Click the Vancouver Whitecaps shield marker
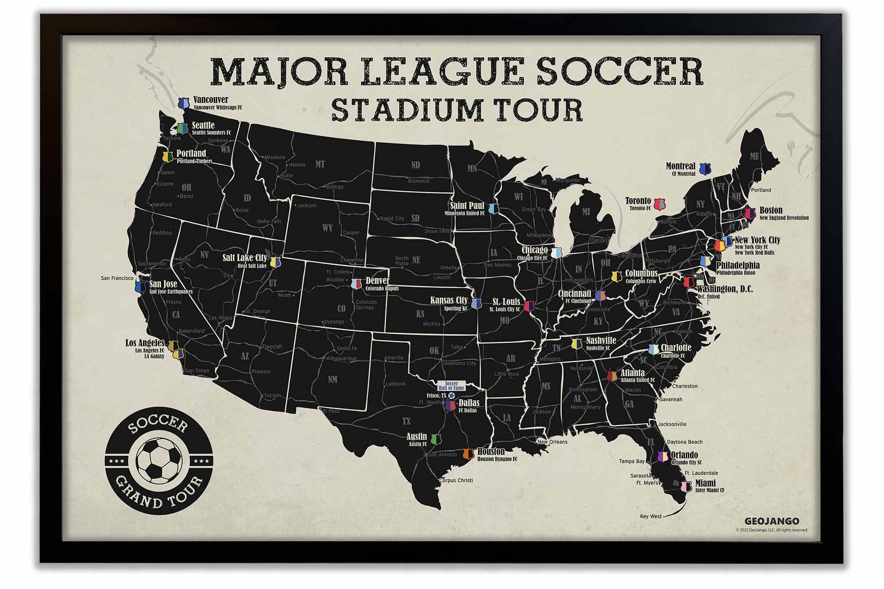point(183,103)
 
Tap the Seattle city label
point(203,125)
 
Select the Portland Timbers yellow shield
point(168,157)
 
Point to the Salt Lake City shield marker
point(276,262)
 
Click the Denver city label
point(377,281)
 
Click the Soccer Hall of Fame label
point(451,386)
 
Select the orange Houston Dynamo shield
point(468,454)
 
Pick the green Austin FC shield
point(436,439)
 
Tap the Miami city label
point(705,483)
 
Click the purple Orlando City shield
point(663,457)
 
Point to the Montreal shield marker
point(705,168)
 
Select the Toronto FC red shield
point(659,204)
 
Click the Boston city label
point(771,210)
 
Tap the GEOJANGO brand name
point(771,521)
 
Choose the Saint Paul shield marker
point(493,208)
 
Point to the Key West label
point(651,516)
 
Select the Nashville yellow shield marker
point(576,344)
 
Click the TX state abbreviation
point(406,421)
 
